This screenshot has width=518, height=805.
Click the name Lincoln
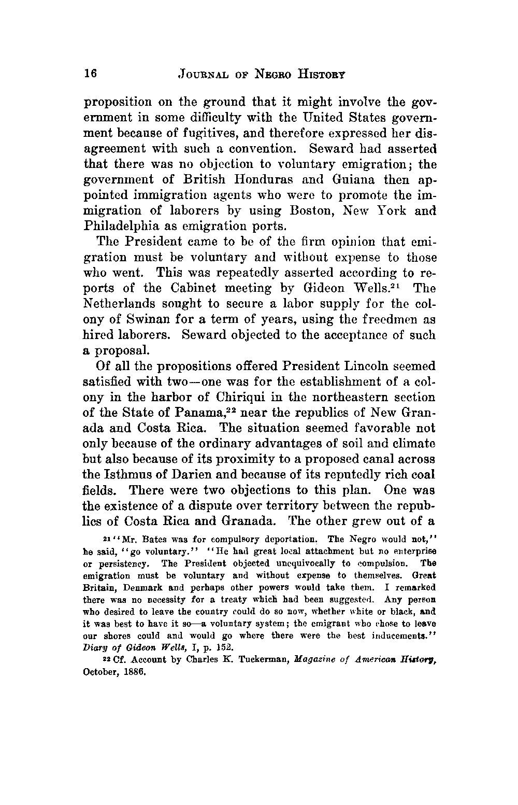pos(369,366)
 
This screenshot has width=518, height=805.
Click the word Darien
pos(190,475)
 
